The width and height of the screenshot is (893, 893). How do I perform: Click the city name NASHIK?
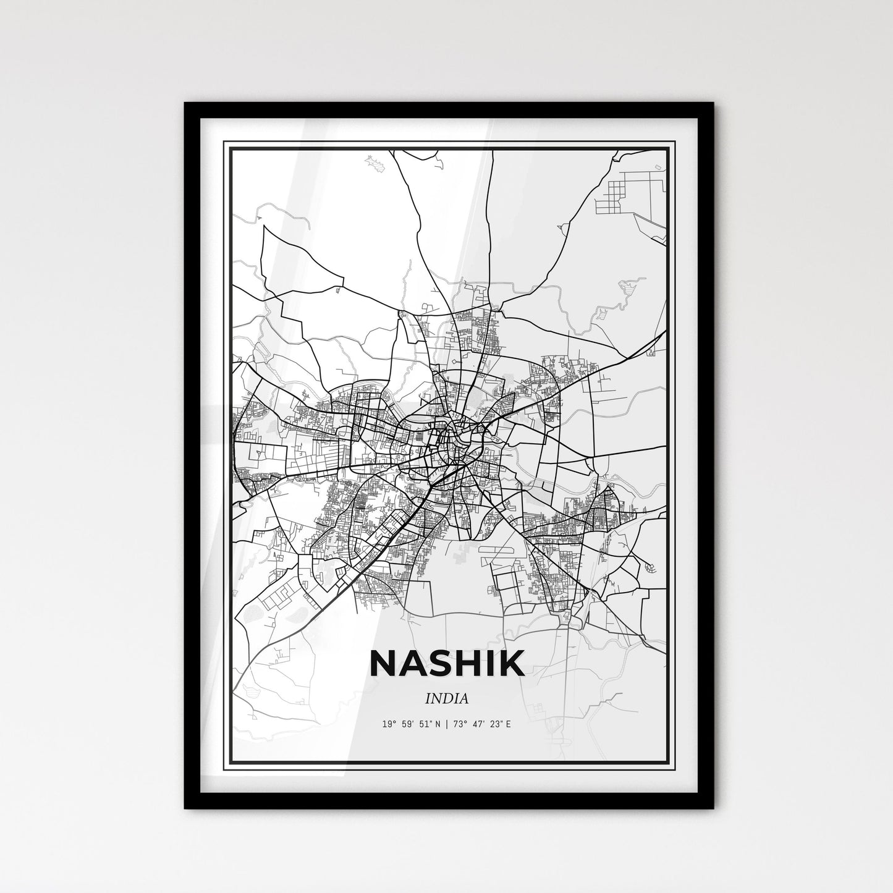click(447, 663)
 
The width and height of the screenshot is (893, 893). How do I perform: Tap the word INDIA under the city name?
click(447, 699)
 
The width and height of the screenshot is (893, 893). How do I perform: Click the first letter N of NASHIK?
click(383, 663)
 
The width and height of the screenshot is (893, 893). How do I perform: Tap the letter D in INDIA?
click(447, 699)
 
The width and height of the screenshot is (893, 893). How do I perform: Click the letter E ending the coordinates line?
click(509, 724)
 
